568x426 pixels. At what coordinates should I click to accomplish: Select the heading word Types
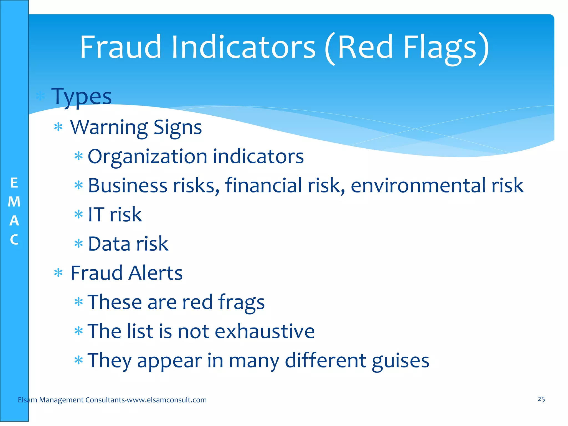pyautogui.click(x=82, y=97)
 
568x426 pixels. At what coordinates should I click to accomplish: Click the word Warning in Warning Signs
pyautogui.click(x=109, y=127)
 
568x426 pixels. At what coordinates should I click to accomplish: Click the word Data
pyautogui.click(x=109, y=244)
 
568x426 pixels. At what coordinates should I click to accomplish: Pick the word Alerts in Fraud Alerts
pyautogui.click(x=155, y=273)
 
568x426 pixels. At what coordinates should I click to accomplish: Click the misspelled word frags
pyautogui.click(x=241, y=302)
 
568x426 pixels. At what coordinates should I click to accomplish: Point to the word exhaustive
pyautogui.click(x=265, y=331)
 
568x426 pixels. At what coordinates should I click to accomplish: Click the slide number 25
pyautogui.click(x=541, y=399)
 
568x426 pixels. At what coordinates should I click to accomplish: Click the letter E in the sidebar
pyautogui.click(x=14, y=183)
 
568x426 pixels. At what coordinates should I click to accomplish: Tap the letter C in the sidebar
pyautogui.click(x=14, y=240)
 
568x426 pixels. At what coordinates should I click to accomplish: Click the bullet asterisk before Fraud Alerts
pyautogui.click(x=58, y=273)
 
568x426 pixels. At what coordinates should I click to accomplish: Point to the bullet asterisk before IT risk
pyautogui.click(x=79, y=215)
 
